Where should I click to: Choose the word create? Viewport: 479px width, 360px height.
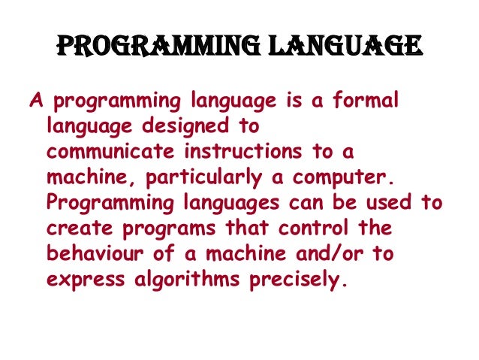[x=75, y=228]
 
